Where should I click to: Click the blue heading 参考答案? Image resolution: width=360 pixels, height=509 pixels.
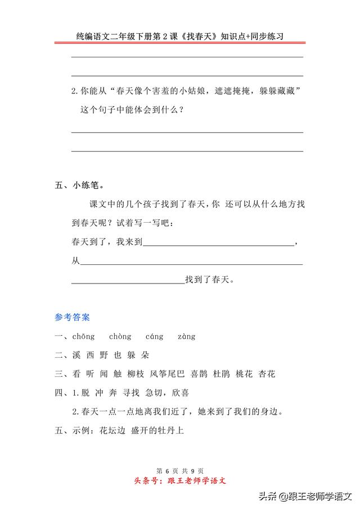tap(72, 317)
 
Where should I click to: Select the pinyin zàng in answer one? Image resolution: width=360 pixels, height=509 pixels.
tap(186, 337)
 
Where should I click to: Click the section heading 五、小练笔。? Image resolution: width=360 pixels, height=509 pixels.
tap(79, 185)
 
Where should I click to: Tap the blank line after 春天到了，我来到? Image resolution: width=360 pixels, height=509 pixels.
tap(219, 244)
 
